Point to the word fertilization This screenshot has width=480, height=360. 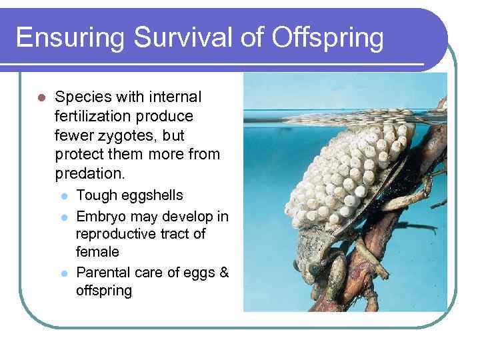(x=95, y=117)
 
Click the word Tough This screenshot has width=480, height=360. (x=97, y=195)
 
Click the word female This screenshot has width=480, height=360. (x=97, y=252)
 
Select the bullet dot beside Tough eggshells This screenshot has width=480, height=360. (x=64, y=196)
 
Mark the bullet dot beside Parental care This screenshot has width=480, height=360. (x=64, y=273)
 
